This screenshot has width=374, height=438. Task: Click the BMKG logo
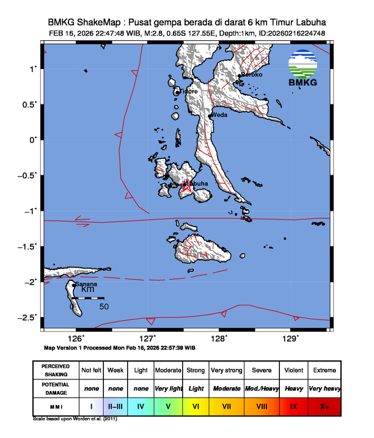(308, 67)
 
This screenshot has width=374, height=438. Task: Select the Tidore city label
(189, 92)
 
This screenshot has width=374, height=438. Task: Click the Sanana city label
(84, 284)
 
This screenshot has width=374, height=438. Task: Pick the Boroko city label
(252, 75)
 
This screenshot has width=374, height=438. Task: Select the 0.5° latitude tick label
(30, 104)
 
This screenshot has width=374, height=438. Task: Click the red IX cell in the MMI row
(293, 405)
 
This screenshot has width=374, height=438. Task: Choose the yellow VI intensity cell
(196, 405)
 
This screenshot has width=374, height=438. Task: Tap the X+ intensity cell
(324, 405)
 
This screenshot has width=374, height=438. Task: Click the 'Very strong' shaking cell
(226, 370)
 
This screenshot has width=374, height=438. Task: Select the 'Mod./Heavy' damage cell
(262, 388)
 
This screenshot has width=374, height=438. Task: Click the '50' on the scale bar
(104, 307)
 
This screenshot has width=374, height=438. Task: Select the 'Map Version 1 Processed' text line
(120, 347)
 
